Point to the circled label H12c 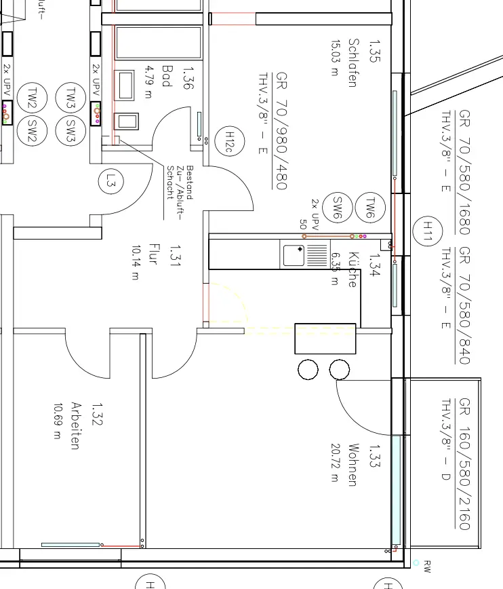point(228,142)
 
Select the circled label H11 point(427,231)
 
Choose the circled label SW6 point(336,207)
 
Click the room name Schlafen point(353,62)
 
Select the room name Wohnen point(353,465)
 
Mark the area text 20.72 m point(334,462)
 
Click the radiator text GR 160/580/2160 point(464,464)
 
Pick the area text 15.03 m point(334,58)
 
